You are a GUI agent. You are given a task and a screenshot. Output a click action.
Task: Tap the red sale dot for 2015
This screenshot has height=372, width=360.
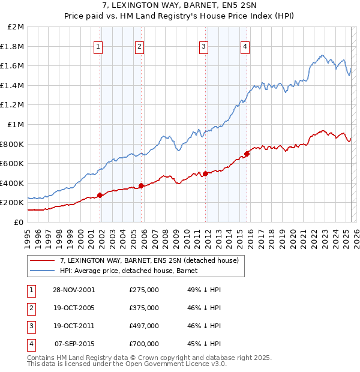click(x=247, y=154)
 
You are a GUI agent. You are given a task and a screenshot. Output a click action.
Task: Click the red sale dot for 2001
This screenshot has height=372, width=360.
click(x=100, y=195)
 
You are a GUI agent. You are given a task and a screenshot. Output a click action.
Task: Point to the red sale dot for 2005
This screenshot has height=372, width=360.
click(x=142, y=185)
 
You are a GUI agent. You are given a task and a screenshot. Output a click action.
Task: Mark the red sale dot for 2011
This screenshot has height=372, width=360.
click(x=205, y=173)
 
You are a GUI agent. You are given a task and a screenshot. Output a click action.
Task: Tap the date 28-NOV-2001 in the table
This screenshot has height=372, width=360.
click(x=74, y=290)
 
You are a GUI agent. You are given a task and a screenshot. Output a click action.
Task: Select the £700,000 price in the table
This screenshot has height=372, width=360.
click(x=144, y=344)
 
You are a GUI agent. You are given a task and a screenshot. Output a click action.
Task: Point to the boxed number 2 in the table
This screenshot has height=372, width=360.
click(x=31, y=308)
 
